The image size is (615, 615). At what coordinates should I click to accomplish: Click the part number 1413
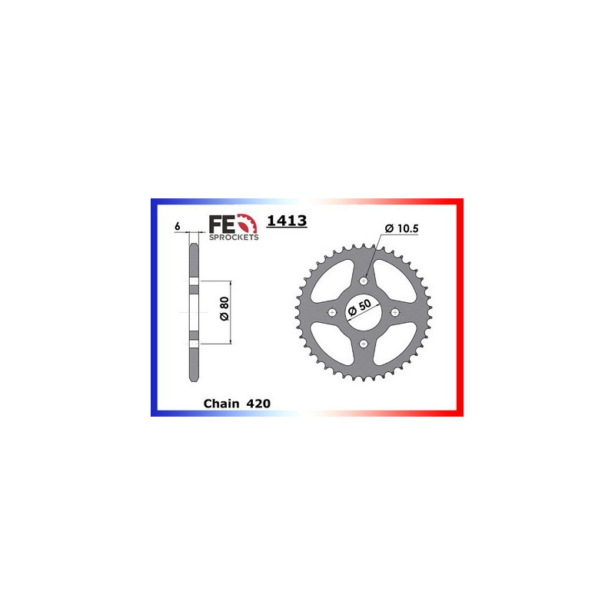pyautogui.click(x=287, y=221)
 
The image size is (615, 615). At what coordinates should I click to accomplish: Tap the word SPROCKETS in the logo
pyautogui.click(x=234, y=238)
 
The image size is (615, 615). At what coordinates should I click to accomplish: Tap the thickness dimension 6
pyautogui.click(x=177, y=227)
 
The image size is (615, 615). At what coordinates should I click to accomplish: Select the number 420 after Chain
pyautogui.click(x=258, y=403)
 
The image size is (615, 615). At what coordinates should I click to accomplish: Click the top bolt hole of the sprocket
pyautogui.click(x=364, y=281)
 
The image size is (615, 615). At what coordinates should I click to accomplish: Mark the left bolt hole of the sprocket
pyautogui.click(x=332, y=312)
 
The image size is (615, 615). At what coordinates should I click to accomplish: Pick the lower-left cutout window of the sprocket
pyautogui.click(x=336, y=340)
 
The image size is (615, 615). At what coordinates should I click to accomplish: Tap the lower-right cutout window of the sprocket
pyautogui.click(x=391, y=340)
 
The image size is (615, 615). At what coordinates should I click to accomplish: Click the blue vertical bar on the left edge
pyautogui.click(x=153, y=307)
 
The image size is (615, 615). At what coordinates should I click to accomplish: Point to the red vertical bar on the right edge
pyautogui.click(x=461, y=307)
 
